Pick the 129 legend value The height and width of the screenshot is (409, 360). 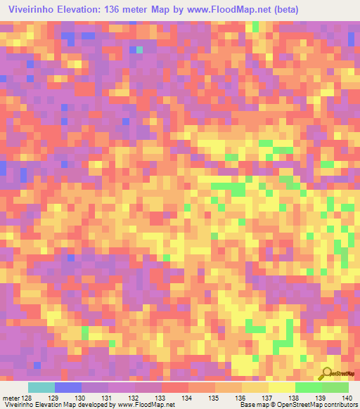click(68, 398)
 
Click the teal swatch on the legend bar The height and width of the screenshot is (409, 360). click(41, 387)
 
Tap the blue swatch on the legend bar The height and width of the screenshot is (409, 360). click(68, 387)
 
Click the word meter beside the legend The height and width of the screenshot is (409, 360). click(11, 398)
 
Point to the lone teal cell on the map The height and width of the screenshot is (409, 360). click(139, 49)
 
